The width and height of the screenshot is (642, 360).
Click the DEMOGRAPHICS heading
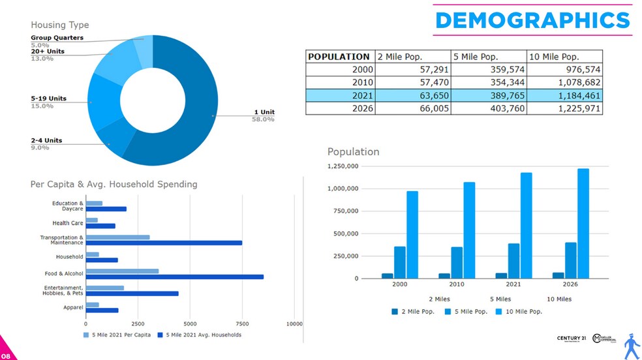click(x=532, y=20)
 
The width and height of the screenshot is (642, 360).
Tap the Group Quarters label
click(x=57, y=38)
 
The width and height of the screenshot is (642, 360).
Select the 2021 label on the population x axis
click(x=513, y=285)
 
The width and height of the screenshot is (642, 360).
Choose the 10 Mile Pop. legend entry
click(x=519, y=312)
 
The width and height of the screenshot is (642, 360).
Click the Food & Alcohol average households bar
click(x=174, y=277)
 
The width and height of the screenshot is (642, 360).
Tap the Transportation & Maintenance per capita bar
click(x=117, y=237)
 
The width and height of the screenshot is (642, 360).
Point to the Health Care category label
click(x=68, y=223)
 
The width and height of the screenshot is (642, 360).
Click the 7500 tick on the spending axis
click(x=242, y=323)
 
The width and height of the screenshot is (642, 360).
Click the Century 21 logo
click(x=571, y=338)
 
